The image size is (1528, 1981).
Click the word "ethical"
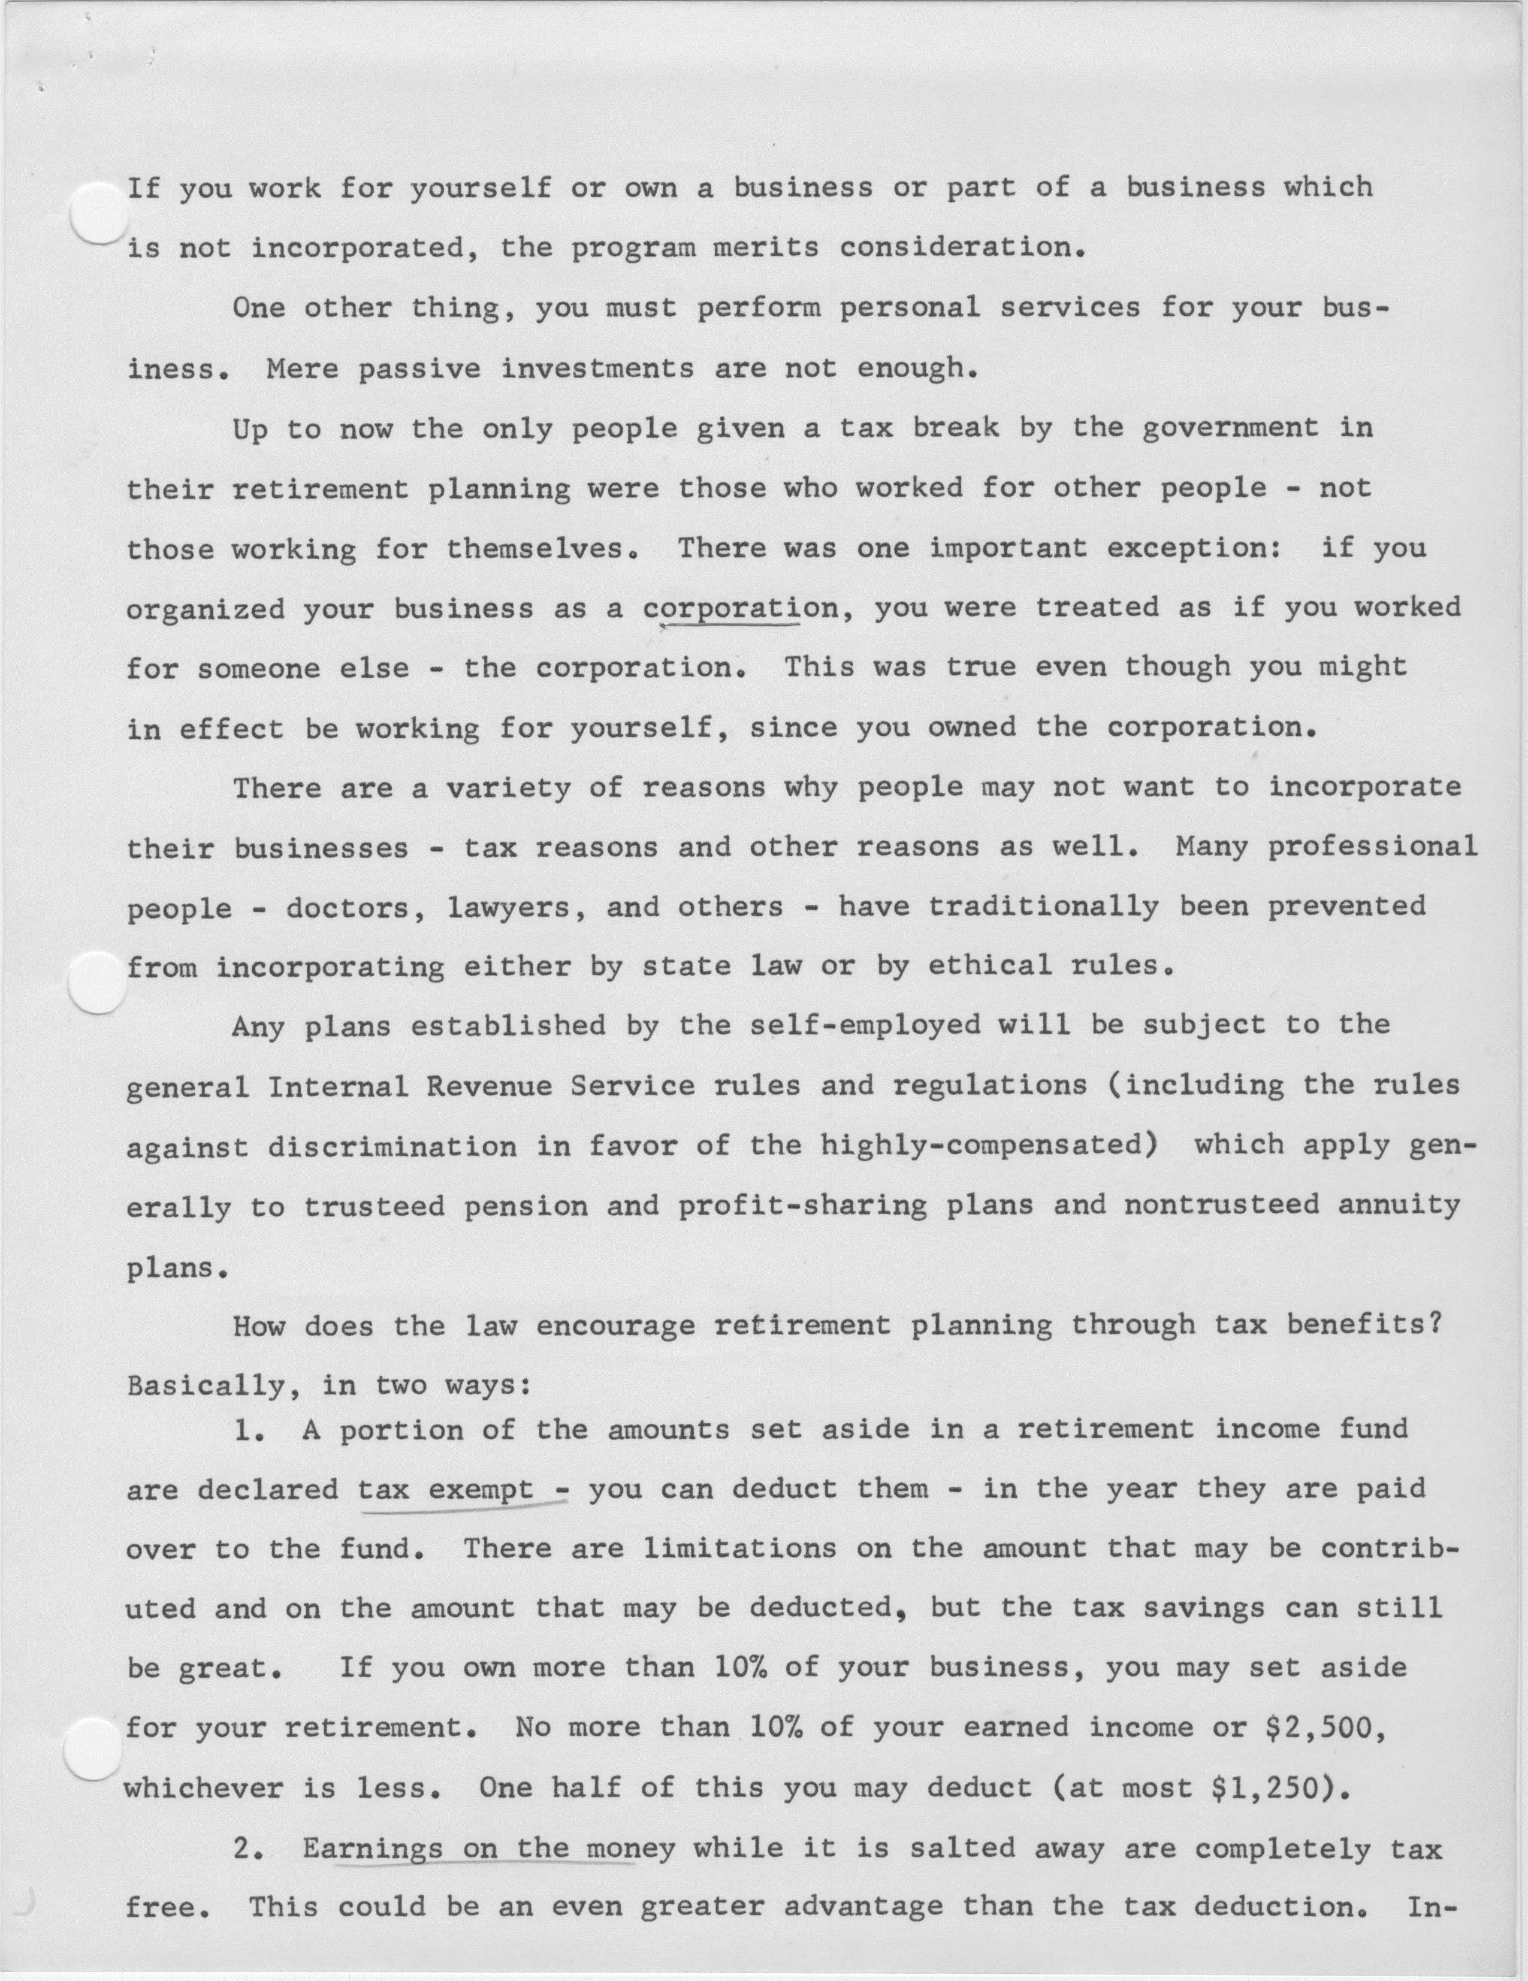click(991, 966)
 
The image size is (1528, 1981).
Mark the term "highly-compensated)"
click(989, 1146)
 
